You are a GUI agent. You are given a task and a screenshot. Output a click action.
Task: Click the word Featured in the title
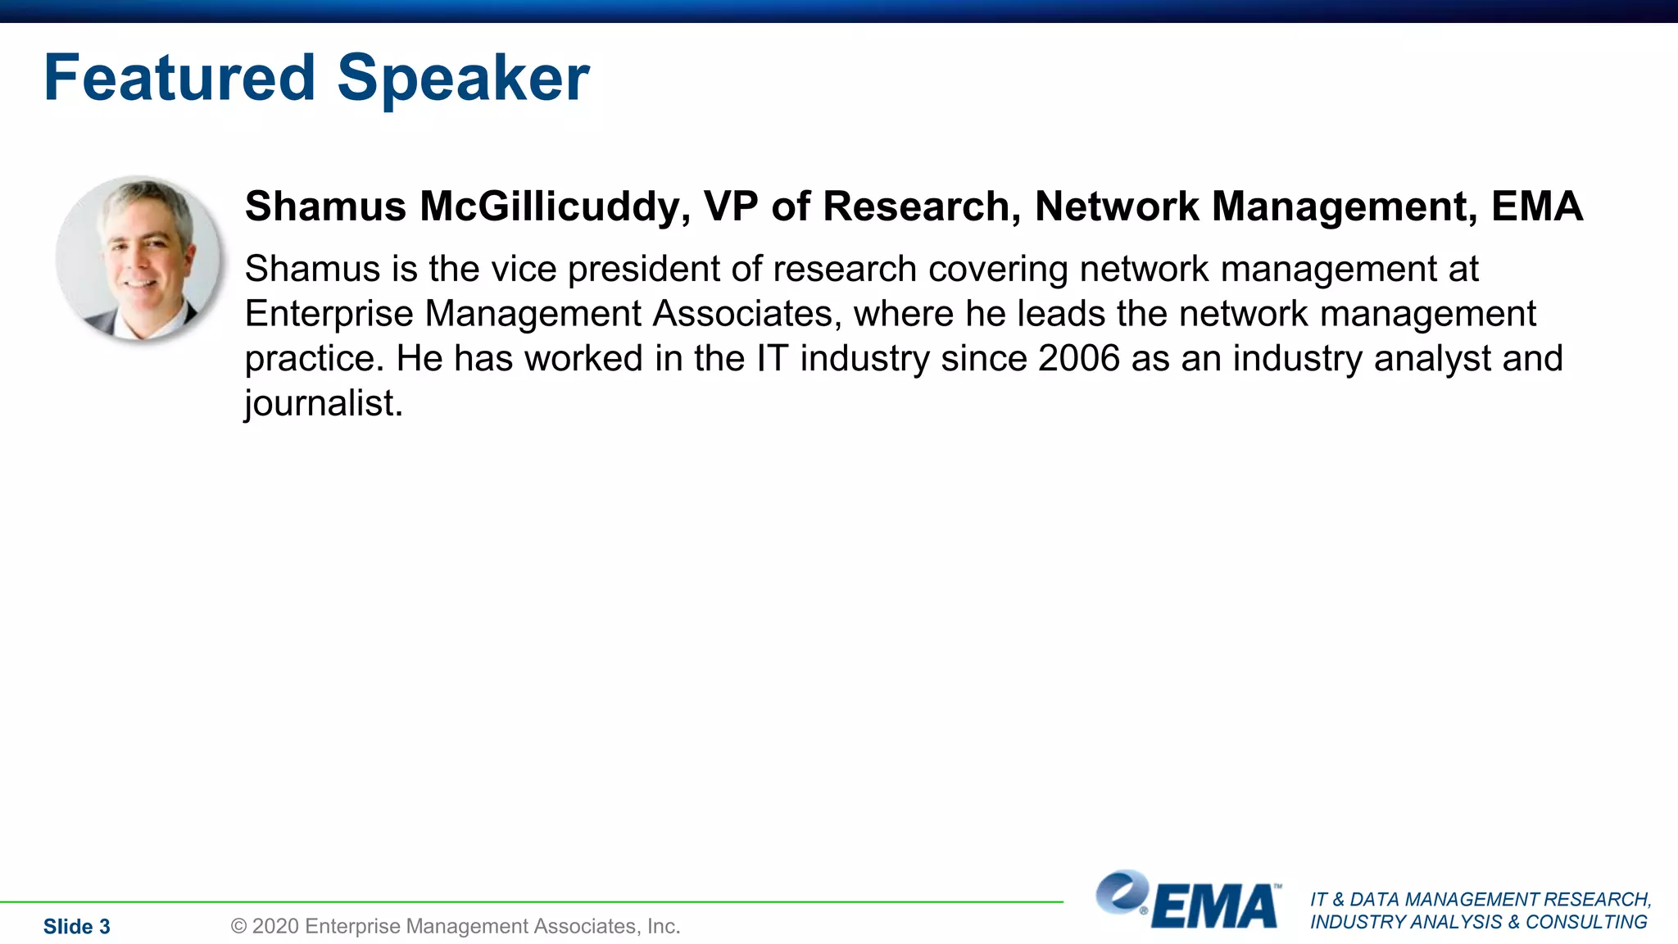click(x=179, y=78)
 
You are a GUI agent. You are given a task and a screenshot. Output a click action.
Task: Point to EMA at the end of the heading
click(x=1537, y=206)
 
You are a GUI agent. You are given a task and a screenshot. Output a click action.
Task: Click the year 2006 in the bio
click(x=1078, y=359)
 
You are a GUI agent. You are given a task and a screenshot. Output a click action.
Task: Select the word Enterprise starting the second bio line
click(x=329, y=314)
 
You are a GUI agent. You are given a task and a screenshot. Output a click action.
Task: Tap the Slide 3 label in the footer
click(x=76, y=927)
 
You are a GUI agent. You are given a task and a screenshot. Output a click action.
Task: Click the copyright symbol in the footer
click(x=238, y=927)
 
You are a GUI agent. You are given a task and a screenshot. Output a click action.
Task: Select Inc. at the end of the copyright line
click(x=664, y=927)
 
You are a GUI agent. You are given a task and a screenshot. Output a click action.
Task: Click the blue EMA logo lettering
click(x=1214, y=907)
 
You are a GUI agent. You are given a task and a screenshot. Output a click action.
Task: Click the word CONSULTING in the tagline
click(x=1586, y=923)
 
